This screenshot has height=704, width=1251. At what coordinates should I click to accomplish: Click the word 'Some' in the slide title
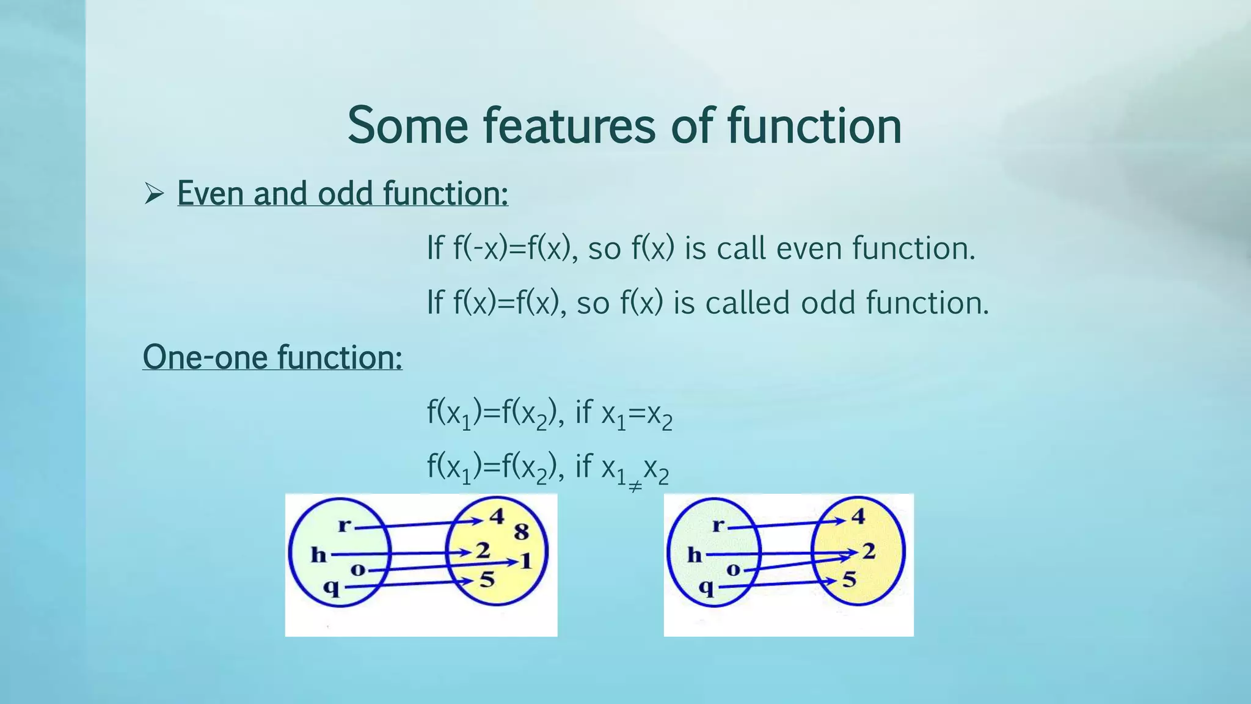click(407, 126)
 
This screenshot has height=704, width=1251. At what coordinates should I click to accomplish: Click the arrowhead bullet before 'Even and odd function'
click(154, 194)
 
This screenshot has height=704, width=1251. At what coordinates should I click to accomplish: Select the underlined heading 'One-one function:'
click(272, 357)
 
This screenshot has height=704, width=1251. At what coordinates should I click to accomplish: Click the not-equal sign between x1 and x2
click(635, 486)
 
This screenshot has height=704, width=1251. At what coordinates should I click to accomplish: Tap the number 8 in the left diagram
click(521, 532)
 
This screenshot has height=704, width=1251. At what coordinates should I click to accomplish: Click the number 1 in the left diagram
click(526, 560)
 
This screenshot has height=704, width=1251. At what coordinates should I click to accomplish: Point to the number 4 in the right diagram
click(858, 516)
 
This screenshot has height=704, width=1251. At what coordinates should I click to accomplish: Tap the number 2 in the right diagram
click(869, 551)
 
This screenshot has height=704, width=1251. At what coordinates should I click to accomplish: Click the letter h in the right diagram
click(695, 555)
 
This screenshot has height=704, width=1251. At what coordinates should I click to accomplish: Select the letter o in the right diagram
click(733, 570)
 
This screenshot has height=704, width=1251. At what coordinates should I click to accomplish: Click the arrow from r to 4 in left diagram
click(418, 524)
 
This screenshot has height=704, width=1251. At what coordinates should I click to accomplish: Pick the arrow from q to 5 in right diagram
click(776, 585)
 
